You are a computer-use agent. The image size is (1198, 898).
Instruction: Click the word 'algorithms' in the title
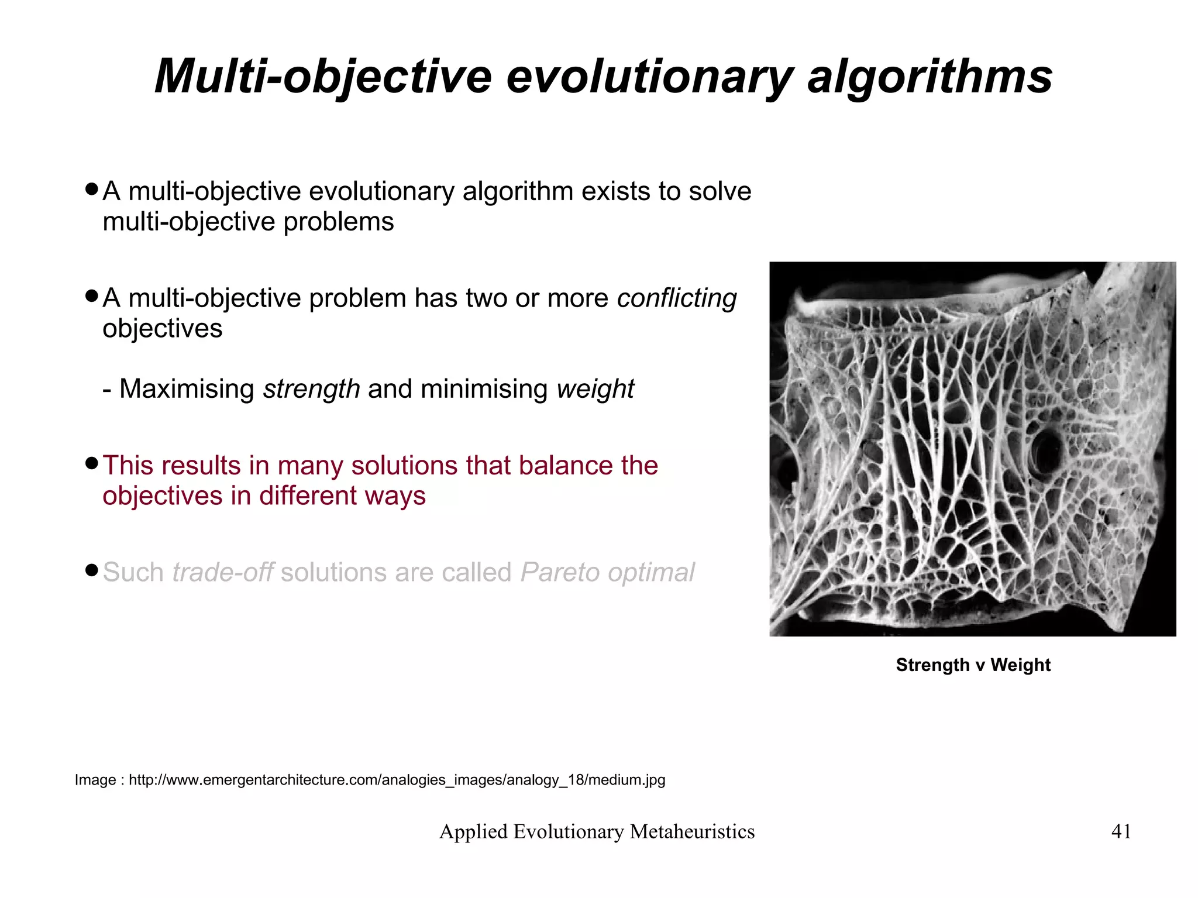click(x=930, y=77)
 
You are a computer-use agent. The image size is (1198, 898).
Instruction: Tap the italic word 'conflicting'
click(x=677, y=298)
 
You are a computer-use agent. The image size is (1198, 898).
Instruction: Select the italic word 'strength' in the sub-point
click(x=311, y=389)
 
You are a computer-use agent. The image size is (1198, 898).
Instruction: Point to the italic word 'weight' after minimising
click(x=595, y=389)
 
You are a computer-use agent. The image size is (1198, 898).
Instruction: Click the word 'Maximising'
click(x=187, y=389)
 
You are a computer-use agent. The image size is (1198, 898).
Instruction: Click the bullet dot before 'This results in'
click(x=91, y=464)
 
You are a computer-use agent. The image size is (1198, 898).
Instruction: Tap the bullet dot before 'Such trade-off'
click(x=91, y=570)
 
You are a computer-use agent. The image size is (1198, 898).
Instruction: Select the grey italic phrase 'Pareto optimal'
click(x=607, y=572)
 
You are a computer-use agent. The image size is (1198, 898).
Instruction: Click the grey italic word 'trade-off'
click(x=222, y=572)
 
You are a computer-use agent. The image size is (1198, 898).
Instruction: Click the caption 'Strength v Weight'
click(x=973, y=665)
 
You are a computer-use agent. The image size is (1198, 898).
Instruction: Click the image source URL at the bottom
click(x=397, y=780)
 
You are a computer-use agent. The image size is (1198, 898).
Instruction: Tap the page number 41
click(x=1121, y=831)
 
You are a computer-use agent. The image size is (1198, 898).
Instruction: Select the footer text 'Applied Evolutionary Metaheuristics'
click(x=597, y=831)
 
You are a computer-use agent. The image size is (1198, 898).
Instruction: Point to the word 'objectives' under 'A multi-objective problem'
click(x=163, y=329)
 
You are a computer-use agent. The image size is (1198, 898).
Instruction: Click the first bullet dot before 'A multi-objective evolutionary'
click(x=91, y=190)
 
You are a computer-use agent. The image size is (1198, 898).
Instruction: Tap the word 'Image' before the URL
click(x=95, y=780)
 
